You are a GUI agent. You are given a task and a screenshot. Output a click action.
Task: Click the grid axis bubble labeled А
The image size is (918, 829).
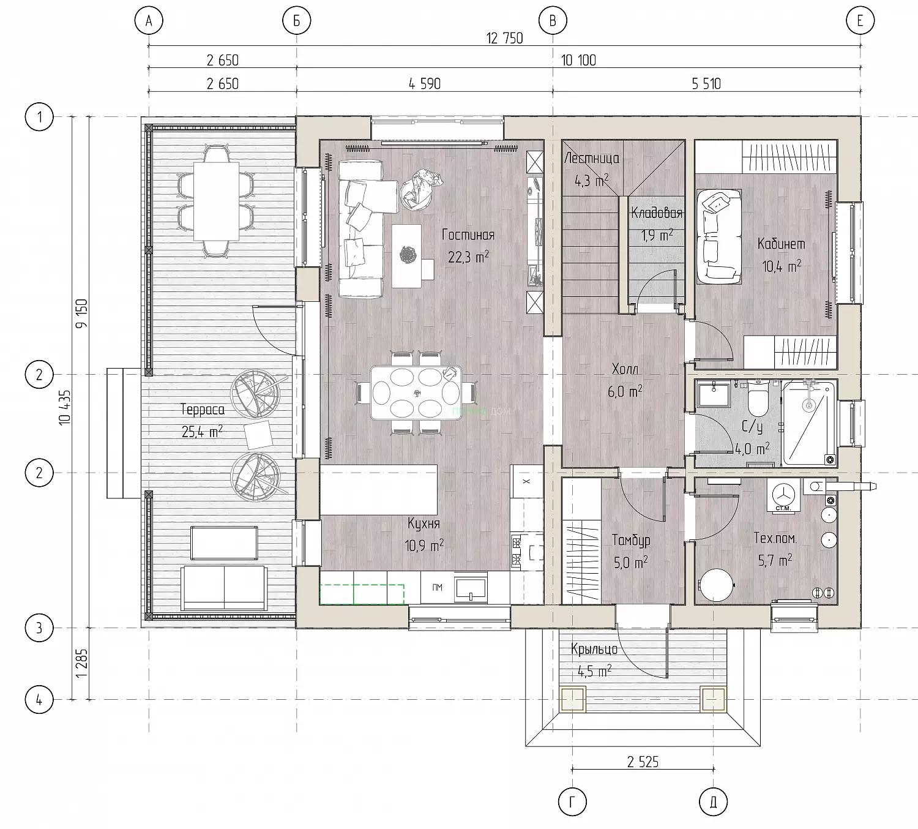tap(149, 21)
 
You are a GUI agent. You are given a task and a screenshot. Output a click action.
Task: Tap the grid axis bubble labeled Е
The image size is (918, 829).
tap(860, 21)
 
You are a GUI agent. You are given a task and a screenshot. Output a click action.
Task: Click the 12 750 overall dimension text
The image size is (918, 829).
tap(504, 38)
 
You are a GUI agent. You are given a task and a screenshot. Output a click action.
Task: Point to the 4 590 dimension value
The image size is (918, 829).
tap(425, 84)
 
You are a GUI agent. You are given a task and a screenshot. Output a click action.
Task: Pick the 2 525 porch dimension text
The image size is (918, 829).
tap(643, 762)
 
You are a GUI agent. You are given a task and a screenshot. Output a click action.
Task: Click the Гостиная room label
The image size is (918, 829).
tap(468, 235)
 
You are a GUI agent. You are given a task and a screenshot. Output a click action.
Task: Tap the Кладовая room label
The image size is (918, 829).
tap(657, 213)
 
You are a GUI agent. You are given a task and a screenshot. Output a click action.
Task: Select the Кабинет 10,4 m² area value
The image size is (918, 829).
tap(781, 266)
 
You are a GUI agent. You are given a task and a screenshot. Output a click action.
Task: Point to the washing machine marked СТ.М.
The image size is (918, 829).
tap(783, 495)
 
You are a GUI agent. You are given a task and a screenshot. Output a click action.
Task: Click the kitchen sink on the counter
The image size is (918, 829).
tap(471, 589)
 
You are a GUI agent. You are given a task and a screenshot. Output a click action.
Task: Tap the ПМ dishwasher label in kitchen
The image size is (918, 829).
tap(437, 588)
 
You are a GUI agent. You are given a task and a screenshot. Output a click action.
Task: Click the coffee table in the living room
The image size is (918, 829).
tap(406, 255)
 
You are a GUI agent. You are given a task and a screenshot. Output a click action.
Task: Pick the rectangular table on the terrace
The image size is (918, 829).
tap(216, 201)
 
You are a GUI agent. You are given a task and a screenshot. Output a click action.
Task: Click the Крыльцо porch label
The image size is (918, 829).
tap(594, 649)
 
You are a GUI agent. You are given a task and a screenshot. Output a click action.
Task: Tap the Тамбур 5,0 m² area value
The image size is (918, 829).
tap(630, 563)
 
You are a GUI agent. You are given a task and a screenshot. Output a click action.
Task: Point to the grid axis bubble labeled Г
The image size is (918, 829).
tap(572, 802)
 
